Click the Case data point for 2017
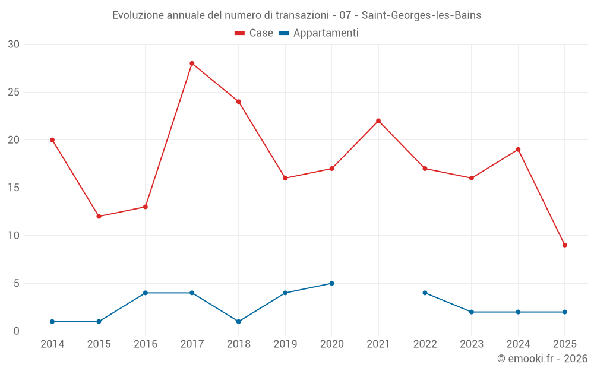pyautogui.click(x=192, y=64)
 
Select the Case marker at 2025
pyautogui.click(x=564, y=245)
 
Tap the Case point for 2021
pyautogui.click(x=378, y=121)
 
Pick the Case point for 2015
pyautogui.click(x=99, y=217)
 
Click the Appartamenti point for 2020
pyautogui.click(x=331, y=283)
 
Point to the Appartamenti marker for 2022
pyautogui.click(x=425, y=293)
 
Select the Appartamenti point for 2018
pyautogui.click(x=239, y=322)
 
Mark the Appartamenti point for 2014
pyautogui.click(x=52, y=322)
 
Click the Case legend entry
pyautogui.click(x=254, y=33)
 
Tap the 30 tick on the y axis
pyautogui.click(x=14, y=45)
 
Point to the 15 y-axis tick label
pyautogui.click(x=14, y=188)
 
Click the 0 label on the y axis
pyautogui.click(x=17, y=331)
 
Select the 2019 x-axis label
pyautogui.click(x=285, y=344)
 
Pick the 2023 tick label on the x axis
pyautogui.click(x=472, y=344)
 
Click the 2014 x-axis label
pyautogui.click(x=52, y=344)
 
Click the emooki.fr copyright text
pyautogui.click(x=542, y=359)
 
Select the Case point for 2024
pyautogui.click(x=518, y=150)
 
